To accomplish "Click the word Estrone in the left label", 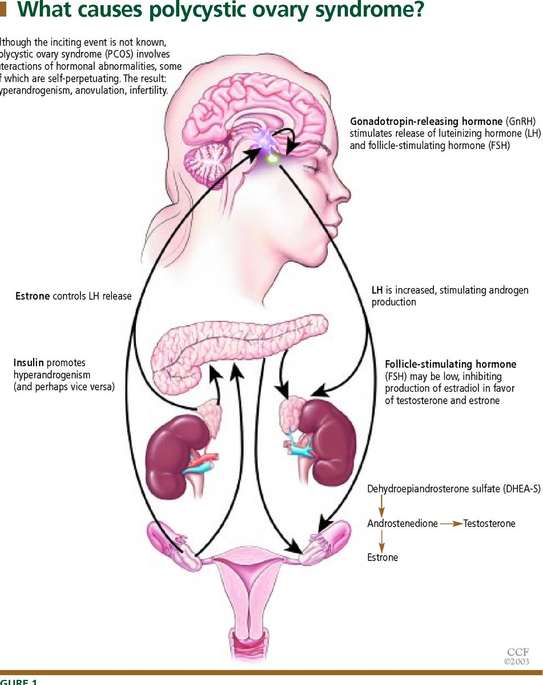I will (x=33, y=296).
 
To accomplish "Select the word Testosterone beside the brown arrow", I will (x=489, y=523).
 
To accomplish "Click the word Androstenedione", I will (x=402, y=523).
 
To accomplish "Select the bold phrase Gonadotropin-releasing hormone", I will (x=427, y=122).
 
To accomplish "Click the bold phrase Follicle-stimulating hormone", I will (x=451, y=364).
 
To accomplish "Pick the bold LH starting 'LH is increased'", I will (x=377, y=291).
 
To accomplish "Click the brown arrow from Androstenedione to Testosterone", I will (x=451, y=523).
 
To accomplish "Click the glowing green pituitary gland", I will (x=272, y=158).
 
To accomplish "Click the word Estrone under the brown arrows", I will (x=383, y=557).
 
